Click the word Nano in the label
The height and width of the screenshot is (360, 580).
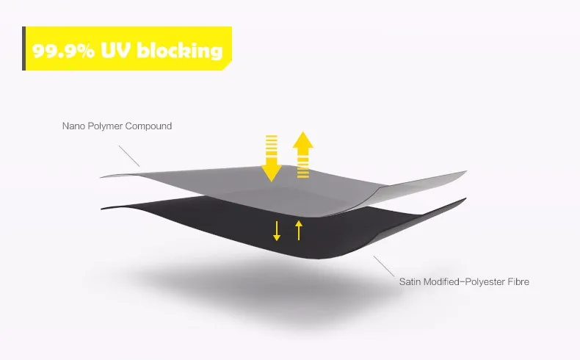click(x=73, y=126)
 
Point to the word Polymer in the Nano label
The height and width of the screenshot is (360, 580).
click(x=108, y=126)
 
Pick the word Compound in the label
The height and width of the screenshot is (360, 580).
click(x=151, y=126)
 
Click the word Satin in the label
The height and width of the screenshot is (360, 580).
click(x=411, y=281)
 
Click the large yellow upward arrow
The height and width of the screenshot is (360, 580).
click(x=303, y=154)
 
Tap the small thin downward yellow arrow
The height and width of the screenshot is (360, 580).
click(x=277, y=229)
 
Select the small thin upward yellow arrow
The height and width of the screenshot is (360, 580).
click(x=299, y=229)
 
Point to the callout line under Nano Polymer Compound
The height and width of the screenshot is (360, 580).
click(x=129, y=155)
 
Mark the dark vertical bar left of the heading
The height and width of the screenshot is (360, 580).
click(x=24, y=48)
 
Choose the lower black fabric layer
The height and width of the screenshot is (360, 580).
click(x=220, y=220)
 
